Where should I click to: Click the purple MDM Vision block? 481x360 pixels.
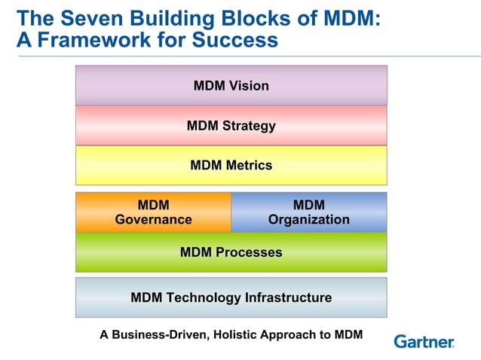231,85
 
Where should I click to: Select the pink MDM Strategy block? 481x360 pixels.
231,125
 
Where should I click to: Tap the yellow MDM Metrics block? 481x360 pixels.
231,165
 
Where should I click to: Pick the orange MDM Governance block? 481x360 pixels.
153,212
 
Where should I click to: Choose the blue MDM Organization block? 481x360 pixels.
308,212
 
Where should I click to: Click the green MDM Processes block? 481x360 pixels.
231,252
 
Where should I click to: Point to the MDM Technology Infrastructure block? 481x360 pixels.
231,297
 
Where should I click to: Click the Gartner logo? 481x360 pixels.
424,341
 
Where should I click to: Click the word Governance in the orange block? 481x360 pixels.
153,220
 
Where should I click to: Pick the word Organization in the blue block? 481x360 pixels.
308,220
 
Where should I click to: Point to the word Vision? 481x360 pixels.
249,86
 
